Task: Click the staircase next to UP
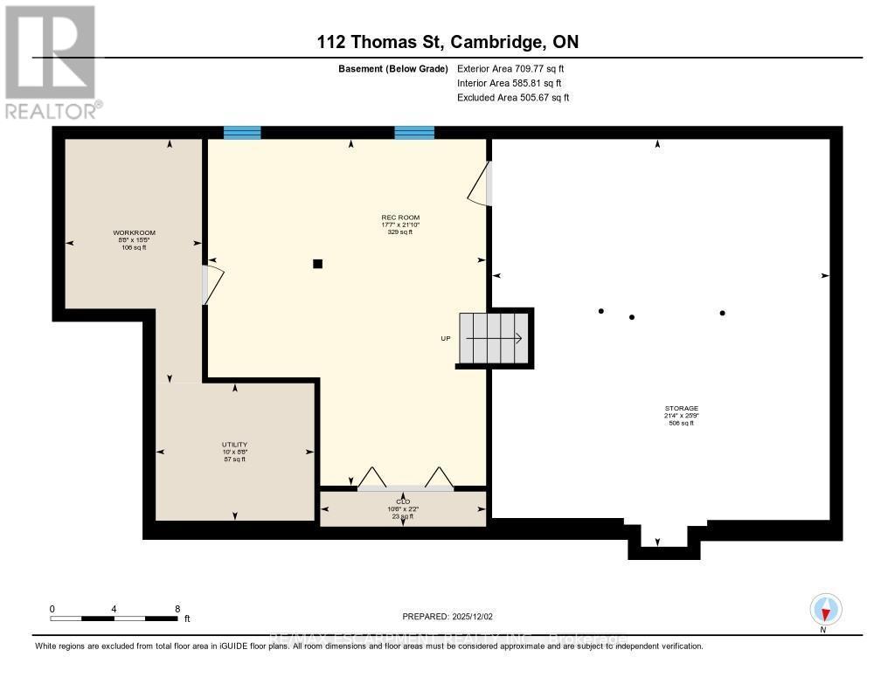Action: pyautogui.click(x=495, y=338)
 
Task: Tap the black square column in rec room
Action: pyautogui.click(x=318, y=264)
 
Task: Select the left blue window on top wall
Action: pyautogui.click(x=242, y=133)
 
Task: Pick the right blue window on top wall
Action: pyautogui.click(x=414, y=133)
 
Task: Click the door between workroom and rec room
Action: pyautogui.click(x=212, y=284)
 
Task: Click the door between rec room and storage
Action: pyautogui.click(x=480, y=184)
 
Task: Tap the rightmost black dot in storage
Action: pyautogui.click(x=722, y=313)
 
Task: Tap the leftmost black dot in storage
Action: pyautogui.click(x=600, y=311)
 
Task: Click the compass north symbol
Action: pyautogui.click(x=825, y=609)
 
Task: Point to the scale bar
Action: pyautogui.click(x=114, y=618)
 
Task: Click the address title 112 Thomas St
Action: pyautogui.click(x=447, y=42)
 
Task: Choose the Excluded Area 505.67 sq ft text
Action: pyautogui.click(x=513, y=98)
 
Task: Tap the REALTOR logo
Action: pyautogui.click(x=51, y=61)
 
